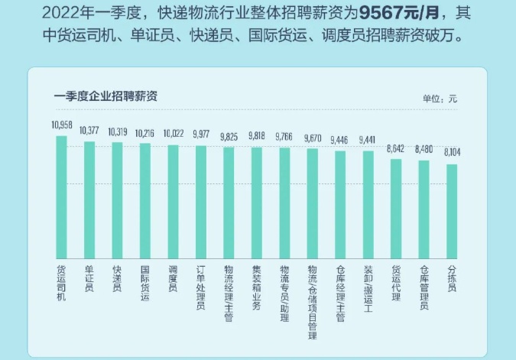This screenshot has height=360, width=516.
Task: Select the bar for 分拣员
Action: (x=452, y=210)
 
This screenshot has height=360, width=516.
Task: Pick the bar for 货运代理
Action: (x=396, y=208)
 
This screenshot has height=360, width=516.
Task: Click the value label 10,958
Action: (x=61, y=125)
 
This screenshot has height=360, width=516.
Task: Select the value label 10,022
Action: (x=173, y=133)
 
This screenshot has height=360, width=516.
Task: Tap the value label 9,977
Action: (x=201, y=135)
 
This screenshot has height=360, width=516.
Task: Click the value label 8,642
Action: (x=396, y=149)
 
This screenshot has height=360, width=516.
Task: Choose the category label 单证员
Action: (x=89, y=280)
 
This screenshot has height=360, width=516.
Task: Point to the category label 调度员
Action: (x=173, y=280)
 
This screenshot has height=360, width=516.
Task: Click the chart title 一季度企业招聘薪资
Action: (x=106, y=96)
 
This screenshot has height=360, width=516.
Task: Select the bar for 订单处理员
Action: (x=201, y=202)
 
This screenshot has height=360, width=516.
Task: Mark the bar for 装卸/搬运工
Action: (x=368, y=204)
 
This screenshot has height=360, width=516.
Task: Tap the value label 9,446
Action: (x=340, y=140)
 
